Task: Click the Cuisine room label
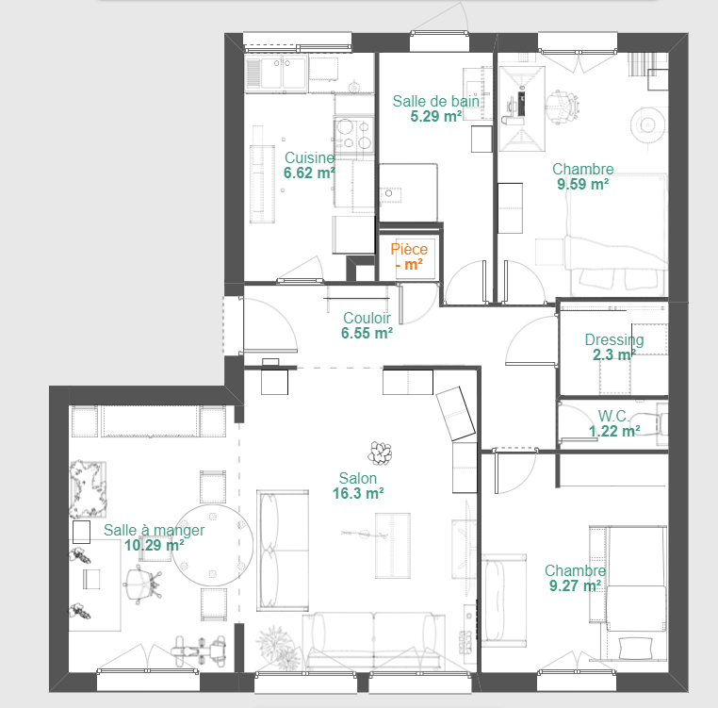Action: click(x=309, y=157)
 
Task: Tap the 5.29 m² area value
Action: click(x=435, y=116)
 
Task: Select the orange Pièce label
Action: click(x=409, y=249)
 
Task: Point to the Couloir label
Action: click(x=367, y=318)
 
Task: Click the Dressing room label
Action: click(x=614, y=340)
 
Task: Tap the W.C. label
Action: click(x=613, y=416)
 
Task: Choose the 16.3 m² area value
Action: click(x=358, y=494)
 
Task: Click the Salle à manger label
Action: click(x=154, y=530)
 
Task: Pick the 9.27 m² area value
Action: click(x=575, y=585)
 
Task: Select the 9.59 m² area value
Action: click(x=583, y=184)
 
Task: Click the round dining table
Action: click(x=212, y=545)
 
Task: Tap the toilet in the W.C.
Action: click(x=650, y=423)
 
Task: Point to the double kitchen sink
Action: click(x=275, y=73)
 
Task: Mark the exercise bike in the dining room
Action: click(x=198, y=650)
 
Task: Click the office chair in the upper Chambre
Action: click(x=563, y=107)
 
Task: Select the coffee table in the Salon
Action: click(x=392, y=545)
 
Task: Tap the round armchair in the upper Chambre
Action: click(x=647, y=124)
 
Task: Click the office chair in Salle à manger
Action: click(x=142, y=585)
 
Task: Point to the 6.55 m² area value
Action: click(x=367, y=333)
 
